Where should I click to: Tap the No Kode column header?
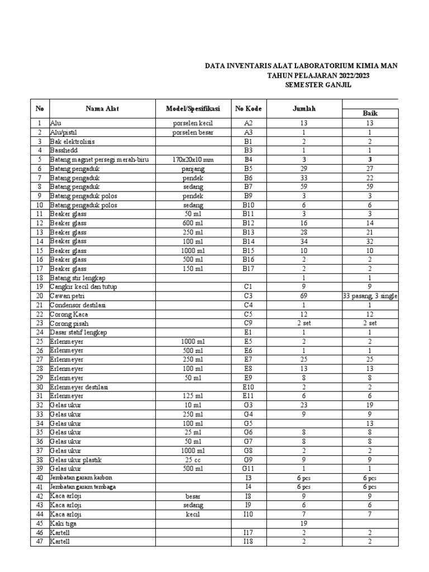(x=249, y=108)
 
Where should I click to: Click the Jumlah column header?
(x=304, y=108)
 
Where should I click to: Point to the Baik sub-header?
(x=370, y=113)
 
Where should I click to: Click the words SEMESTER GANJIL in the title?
(x=318, y=85)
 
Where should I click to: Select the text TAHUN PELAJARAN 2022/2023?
(x=318, y=75)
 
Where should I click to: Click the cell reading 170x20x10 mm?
(x=193, y=160)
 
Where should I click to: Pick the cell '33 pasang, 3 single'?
(x=370, y=296)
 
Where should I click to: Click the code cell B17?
(x=249, y=269)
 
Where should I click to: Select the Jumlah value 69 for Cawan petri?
(x=304, y=296)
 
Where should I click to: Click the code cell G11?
(x=249, y=469)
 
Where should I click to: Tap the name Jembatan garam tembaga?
(x=83, y=487)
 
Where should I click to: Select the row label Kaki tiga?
(x=63, y=523)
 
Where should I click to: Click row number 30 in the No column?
(x=39, y=387)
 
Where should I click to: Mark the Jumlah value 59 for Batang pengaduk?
(x=304, y=187)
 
